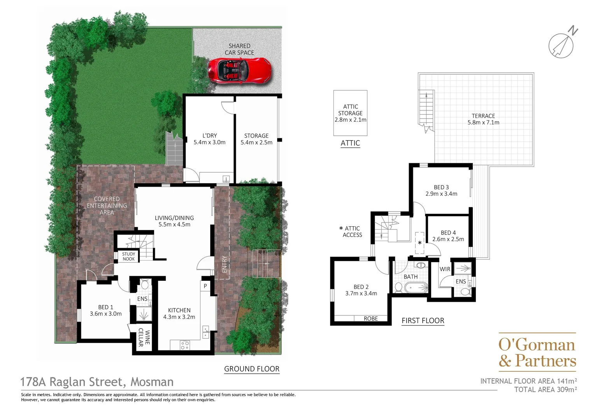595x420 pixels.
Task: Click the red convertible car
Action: (x=239, y=70)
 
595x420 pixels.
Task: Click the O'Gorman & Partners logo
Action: (x=537, y=353)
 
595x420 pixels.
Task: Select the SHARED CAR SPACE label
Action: (x=239, y=49)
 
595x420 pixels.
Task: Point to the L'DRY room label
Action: (x=209, y=139)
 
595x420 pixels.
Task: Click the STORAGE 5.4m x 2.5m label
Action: (x=256, y=139)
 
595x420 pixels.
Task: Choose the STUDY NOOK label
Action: (x=128, y=256)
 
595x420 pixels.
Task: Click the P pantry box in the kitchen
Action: (x=205, y=286)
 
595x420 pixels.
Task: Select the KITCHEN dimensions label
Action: (x=179, y=313)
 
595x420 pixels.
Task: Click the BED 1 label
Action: (x=106, y=310)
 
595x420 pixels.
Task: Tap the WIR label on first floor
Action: (x=445, y=269)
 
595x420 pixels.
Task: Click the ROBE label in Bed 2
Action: (x=370, y=318)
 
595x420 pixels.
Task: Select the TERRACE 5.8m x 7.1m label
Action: (x=483, y=119)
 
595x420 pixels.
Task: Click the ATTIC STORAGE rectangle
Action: (x=350, y=113)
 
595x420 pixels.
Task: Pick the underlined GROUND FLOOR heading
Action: (x=252, y=369)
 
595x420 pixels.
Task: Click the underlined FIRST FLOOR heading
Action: (x=423, y=320)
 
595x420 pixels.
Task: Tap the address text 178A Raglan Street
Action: (x=97, y=382)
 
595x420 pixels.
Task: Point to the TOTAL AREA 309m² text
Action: (x=545, y=389)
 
